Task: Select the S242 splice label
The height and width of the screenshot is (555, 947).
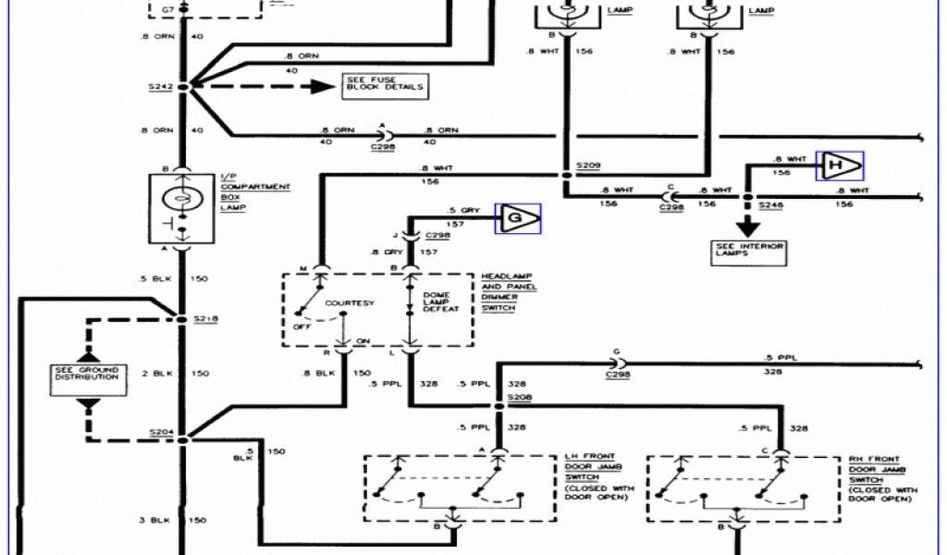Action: coord(160,86)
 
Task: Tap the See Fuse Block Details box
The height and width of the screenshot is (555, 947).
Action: coord(385,86)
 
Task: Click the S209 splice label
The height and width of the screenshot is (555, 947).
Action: coord(588,166)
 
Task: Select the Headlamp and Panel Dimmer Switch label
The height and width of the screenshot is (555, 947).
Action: coord(509,292)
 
